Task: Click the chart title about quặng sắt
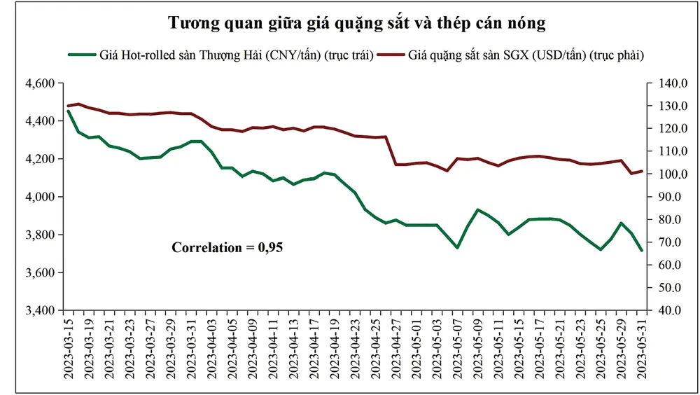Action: [x=357, y=22]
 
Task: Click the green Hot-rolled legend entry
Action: [x=220, y=55]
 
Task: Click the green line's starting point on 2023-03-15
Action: [x=68, y=111]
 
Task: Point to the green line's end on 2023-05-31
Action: [x=641, y=250]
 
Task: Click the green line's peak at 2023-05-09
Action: [x=478, y=209]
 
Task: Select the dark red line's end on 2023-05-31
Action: [x=641, y=171]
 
